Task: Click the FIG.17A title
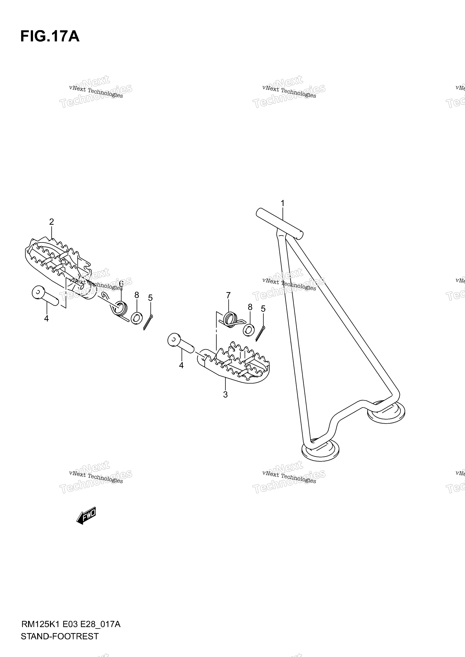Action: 50,37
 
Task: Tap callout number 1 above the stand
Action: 282,203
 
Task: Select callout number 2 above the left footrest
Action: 52,222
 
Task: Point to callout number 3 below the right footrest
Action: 225,395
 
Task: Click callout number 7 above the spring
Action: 228,295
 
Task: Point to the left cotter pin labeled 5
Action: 148,322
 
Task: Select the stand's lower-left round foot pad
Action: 320,453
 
